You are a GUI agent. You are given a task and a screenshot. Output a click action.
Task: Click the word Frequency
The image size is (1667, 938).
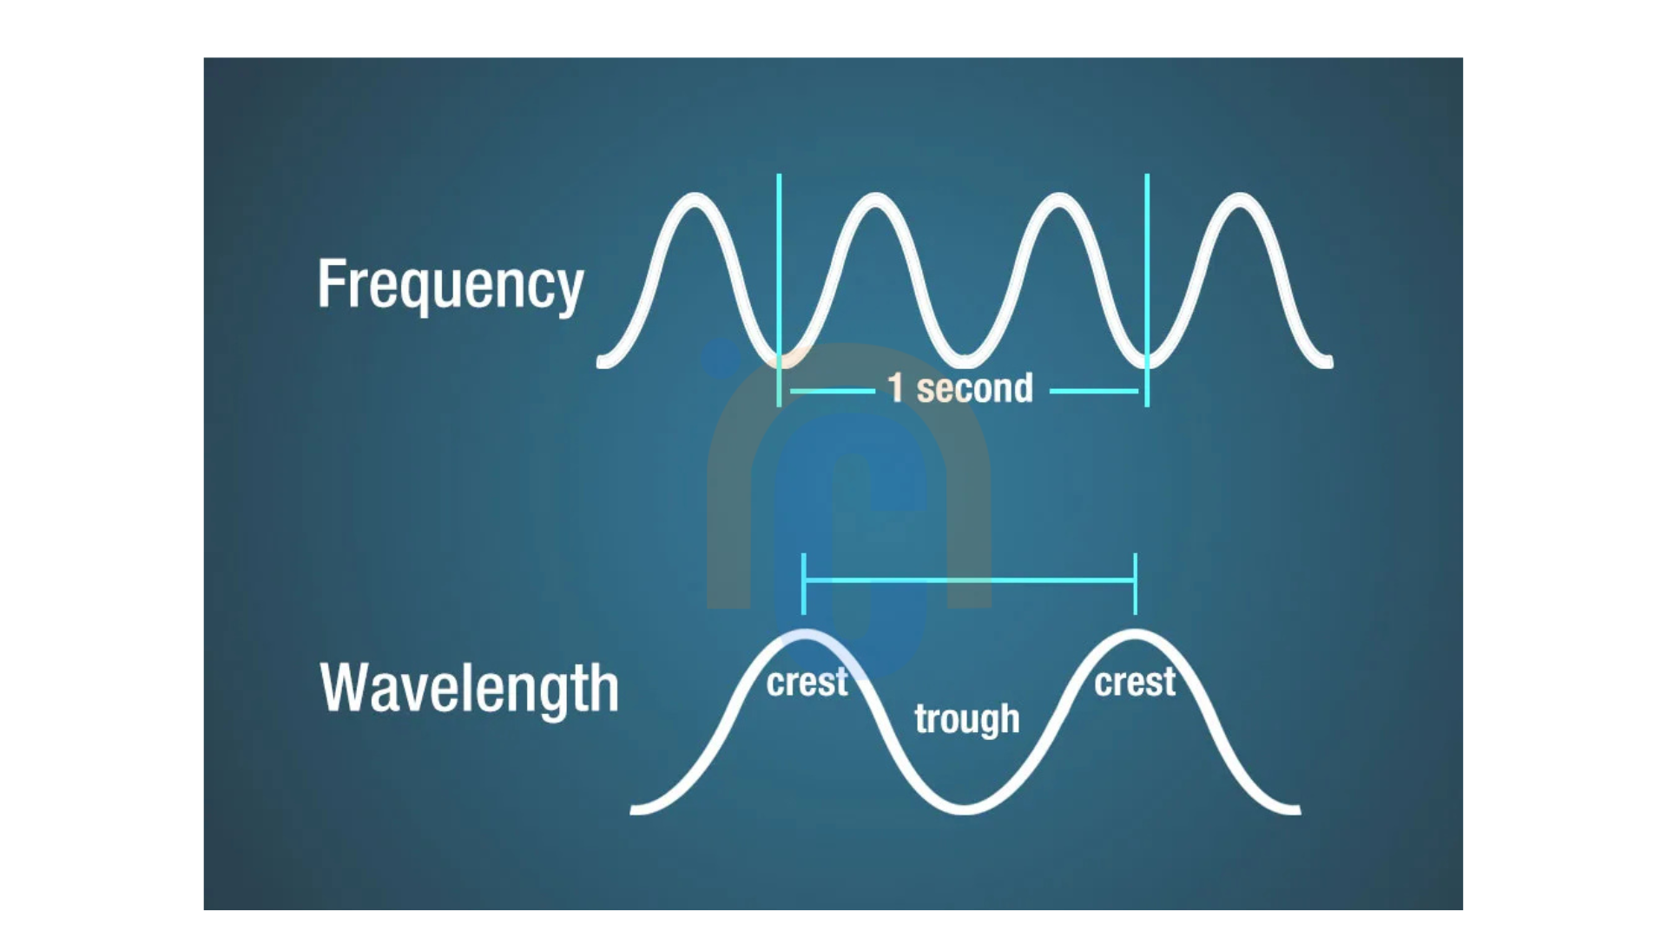click(x=451, y=285)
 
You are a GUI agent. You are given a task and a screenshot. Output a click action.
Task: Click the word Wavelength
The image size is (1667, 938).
click(x=470, y=688)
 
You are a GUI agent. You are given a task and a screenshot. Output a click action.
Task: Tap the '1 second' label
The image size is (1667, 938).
click(x=960, y=387)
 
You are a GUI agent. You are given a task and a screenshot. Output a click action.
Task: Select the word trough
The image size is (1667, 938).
click(x=967, y=719)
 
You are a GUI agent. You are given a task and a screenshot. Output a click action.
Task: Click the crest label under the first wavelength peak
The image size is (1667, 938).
click(x=807, y=683)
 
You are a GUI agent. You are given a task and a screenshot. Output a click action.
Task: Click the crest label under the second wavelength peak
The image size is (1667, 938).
click(x=1135, y=683)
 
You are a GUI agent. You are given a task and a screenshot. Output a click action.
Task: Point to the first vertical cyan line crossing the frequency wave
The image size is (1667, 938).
click(x=779, y=290)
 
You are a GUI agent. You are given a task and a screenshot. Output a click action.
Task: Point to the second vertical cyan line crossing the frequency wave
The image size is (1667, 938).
click(x=1147, y=290)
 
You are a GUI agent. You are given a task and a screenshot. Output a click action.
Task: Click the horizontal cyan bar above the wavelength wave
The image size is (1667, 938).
click(x=970, y=579)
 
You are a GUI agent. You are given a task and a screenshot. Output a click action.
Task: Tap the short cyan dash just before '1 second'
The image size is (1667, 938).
click(x=833, y=392)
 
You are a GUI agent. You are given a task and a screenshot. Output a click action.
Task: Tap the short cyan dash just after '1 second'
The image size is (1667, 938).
click(x=1094, y=392)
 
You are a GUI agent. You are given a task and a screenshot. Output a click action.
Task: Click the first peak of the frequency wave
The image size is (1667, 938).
click(x=695, y=199)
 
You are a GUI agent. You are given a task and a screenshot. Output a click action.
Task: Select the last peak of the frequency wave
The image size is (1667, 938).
click(x=1240, y=199)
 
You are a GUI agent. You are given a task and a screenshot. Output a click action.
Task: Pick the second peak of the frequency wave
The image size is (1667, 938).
click(x=876, y=199)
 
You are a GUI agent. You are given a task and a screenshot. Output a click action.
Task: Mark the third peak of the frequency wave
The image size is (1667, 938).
click(x=1058, y=199)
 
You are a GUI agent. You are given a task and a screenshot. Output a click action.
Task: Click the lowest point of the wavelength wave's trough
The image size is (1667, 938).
click(x=965, y=809)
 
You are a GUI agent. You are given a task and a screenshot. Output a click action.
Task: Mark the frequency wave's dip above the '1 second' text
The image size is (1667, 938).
click(x=965, y=361)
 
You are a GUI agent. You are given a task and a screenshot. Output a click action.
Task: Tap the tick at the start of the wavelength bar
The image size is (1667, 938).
click(x=804, y=584)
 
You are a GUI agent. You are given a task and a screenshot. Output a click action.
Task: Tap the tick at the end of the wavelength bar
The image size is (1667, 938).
click(x=1136, y=584)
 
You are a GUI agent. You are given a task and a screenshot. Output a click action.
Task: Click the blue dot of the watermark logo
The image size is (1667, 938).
click(x=721, y=359)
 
